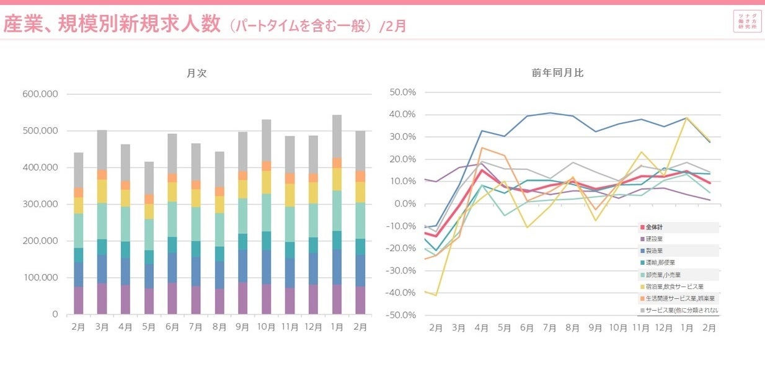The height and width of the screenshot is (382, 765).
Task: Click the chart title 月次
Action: click(197, 73)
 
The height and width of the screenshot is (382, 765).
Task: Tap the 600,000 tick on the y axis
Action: click(40, 94)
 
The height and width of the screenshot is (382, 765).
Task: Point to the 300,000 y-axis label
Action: click(40, 204)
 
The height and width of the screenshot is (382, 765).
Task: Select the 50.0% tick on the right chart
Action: click(403, 92)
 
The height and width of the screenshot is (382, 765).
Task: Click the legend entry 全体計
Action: click(655, 228)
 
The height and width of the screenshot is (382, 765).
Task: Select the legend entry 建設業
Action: click(655, 239)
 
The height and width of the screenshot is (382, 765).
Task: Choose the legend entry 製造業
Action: click(655, 251)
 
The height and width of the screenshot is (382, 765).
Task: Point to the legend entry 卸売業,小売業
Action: click(661, 275)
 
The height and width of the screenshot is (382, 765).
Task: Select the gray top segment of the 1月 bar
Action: click(337, 136)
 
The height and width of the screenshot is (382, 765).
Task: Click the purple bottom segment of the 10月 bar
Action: click(267, 300)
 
